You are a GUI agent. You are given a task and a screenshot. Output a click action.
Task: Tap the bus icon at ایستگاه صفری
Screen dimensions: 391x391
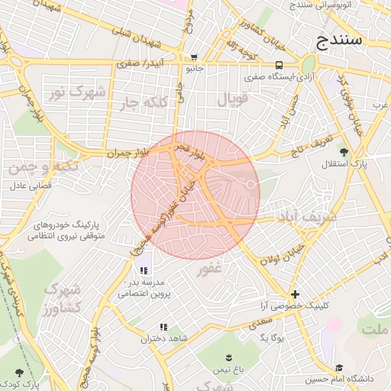click(280, 66)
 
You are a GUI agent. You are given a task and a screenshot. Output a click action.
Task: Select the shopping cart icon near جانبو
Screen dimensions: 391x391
click(194, 57)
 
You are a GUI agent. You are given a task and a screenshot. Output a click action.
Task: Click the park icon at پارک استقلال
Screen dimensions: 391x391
click(344, 151)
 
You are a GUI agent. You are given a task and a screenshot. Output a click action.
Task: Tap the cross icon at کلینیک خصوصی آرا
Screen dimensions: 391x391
click(295, 294)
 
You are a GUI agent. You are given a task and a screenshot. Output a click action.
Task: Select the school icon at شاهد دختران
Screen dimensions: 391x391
click(163, 328)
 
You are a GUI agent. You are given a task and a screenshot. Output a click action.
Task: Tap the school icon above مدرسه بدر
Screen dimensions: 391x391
click(144, 270)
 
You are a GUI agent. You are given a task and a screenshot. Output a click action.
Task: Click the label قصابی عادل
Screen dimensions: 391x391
click(30, 186)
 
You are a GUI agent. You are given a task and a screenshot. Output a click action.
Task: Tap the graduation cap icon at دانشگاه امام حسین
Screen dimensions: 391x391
click(339, 368)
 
